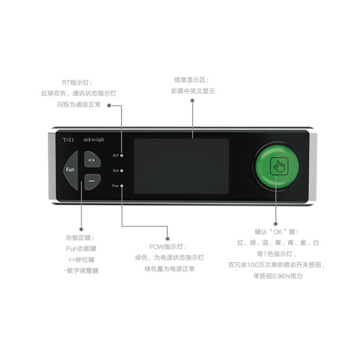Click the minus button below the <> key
[x=91, y=180]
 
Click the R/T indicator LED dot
[x=122, y=155]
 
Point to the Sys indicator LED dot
[x=122, y=170]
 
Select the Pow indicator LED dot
[x=122, y=186]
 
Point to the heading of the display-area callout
[x=191, y=79]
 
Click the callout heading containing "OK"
[x=276, y=232]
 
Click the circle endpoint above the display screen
[x=192, y=100]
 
